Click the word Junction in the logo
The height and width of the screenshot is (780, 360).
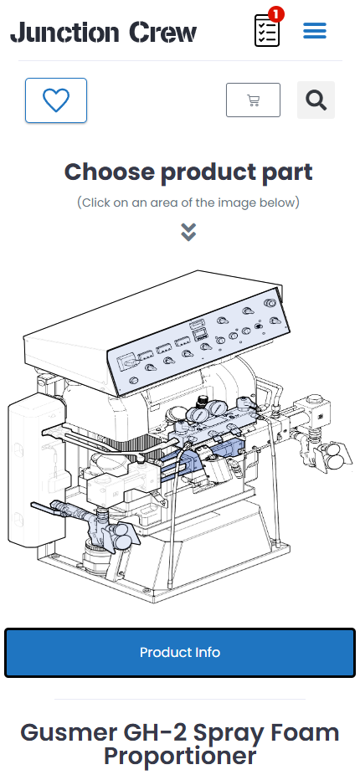(x=64, y=33)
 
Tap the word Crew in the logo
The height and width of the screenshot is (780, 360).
(x=163, y=33)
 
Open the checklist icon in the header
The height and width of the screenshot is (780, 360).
(x=267, y=31)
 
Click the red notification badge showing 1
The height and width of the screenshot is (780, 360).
(x=275, y=13)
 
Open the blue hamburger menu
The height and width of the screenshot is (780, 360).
(x=315, y=31)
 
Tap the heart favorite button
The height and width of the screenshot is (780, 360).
(x=56, y=100)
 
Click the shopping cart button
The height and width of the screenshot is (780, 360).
(x=253, y=100)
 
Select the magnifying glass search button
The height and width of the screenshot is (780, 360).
(x=316, y=100)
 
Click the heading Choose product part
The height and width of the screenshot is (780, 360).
(x=188, y=172)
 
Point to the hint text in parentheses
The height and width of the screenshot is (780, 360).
(x=188, y=203)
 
